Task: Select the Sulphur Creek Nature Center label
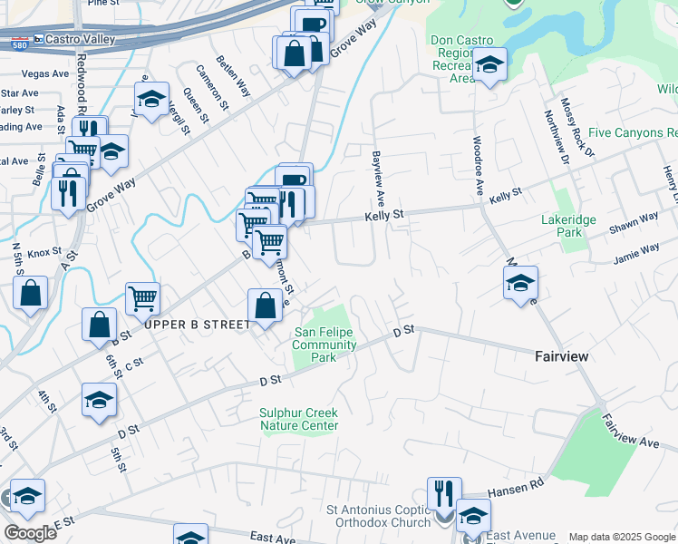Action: point(299,419)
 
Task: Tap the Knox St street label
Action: point(44,254)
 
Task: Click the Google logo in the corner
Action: point(30,532)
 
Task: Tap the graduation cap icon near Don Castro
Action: point(489,65)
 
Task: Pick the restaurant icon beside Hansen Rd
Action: point(444,494)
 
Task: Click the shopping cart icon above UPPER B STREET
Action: point(142,297)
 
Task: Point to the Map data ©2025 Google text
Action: point(621,537)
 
